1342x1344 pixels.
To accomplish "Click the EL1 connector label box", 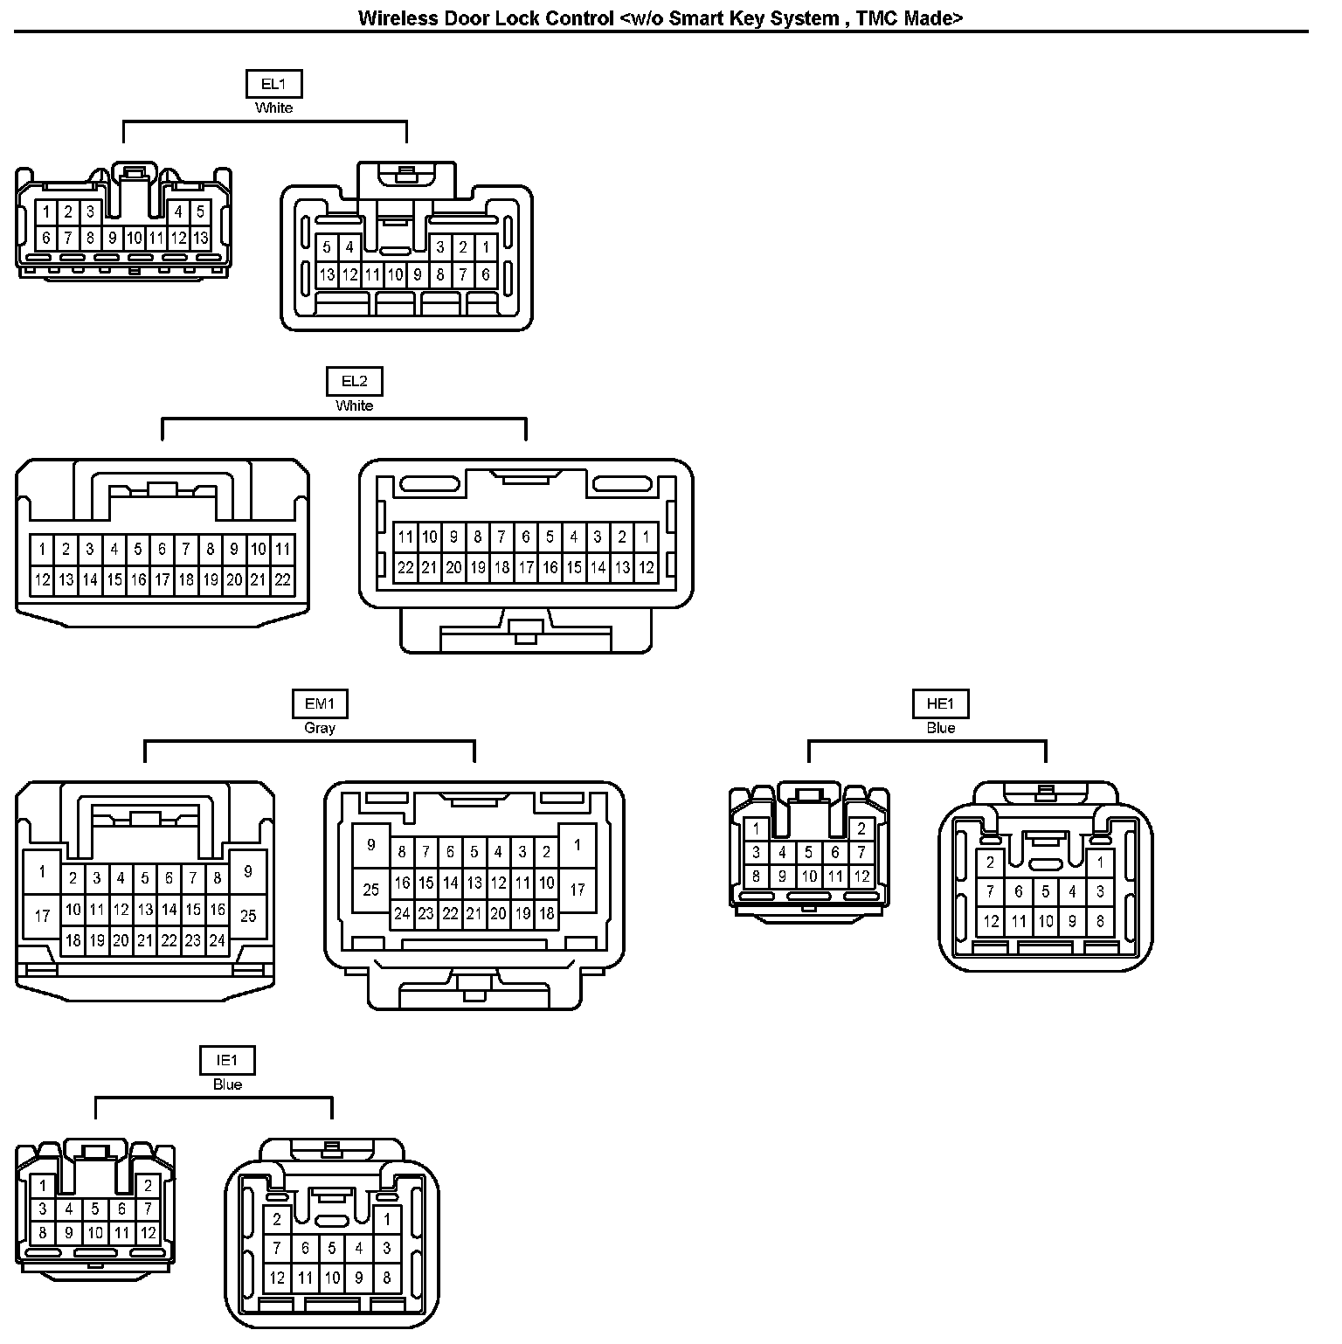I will (x=273, y=84).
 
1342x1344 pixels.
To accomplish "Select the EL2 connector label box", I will (x=355, y=381).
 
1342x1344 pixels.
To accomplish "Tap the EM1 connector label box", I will (x=319, y=703).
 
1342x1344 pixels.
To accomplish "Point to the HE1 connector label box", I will (x=941, y=703).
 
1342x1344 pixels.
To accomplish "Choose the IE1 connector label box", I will (x=227, y=1060).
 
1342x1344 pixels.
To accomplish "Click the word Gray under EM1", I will (x=319, y=728).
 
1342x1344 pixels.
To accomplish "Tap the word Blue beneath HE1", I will (x=941, y=728).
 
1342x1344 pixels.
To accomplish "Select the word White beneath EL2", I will (x=354, y=405).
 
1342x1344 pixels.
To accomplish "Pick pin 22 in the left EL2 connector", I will (x=282, y=579).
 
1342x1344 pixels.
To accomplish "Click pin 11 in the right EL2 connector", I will (x=405, y=537).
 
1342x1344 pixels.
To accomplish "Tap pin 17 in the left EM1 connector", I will (x=42, y=916).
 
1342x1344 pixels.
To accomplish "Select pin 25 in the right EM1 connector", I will (x=371, y=890).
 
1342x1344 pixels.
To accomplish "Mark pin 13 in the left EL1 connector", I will (x=200, y=238).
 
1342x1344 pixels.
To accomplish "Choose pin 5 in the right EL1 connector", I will (x=327, y=247).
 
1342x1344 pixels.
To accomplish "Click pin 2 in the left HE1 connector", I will (x=861, y=828).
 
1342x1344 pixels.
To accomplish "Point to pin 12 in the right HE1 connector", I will (x=991, y=920).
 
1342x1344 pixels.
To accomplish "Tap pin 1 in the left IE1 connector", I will (x=42, y=1186).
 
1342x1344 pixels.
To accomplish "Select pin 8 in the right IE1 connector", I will (x=387, y=1278).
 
